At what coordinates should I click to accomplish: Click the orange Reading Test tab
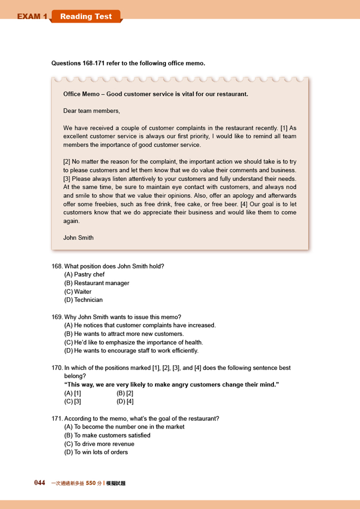(x=86, y=16)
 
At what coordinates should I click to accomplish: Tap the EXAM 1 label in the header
(x=32, y=16)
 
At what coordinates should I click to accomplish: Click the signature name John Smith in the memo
(x=78, y=237)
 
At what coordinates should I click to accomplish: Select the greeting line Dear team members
(x=91, y=110)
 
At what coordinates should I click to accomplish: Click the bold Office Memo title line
(x=155, y=94)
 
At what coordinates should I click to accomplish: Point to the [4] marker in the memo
(x=243, y=204)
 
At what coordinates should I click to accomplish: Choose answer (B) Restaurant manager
(x=97, y=283)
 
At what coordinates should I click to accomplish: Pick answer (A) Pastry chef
(x=84, y=274)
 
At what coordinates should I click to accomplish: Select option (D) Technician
(x=83, y=300)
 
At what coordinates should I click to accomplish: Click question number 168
(x=57, y=266)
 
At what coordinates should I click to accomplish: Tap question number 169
(x=57, y=317)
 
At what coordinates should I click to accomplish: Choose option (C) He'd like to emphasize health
(x=133, y=342)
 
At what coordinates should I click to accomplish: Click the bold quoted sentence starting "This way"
(x=171, y=384)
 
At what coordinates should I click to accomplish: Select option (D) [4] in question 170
(x=125, y=401)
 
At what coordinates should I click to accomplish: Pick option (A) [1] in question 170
(x=73, y=393)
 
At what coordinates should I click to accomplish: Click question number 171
(x=57, y=418)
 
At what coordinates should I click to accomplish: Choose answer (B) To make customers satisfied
(x=107, y=435)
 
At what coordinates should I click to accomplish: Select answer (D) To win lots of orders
(x=96, y=452)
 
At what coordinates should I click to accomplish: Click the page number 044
(x=39, y=483)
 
